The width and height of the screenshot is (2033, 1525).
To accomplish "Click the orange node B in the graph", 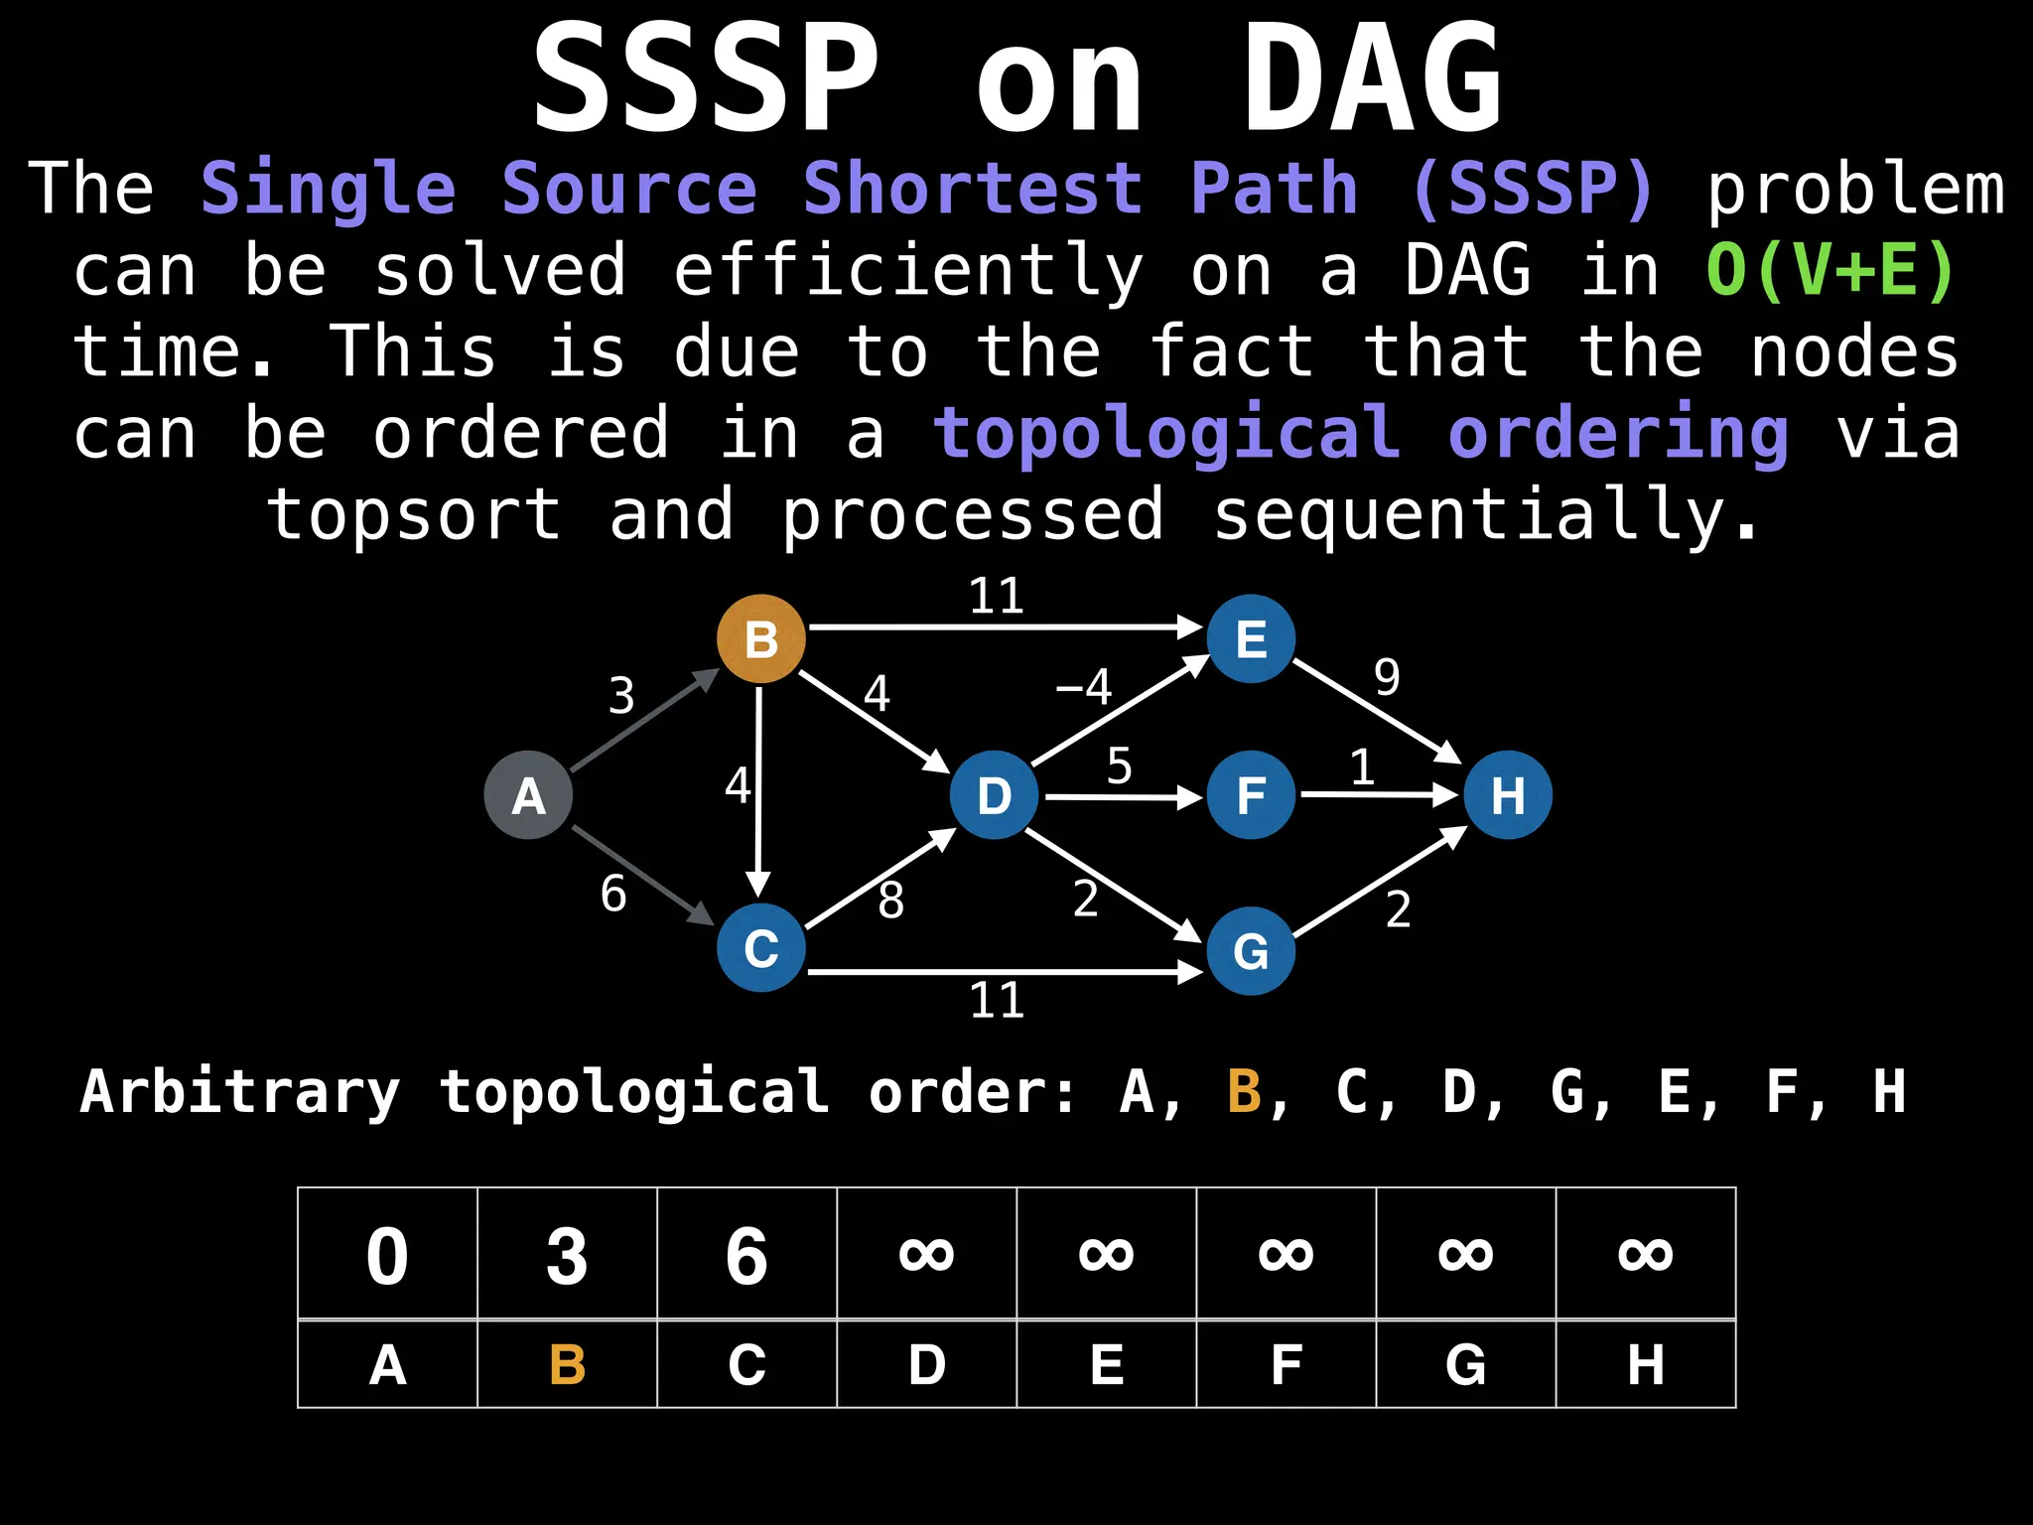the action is [760, 638].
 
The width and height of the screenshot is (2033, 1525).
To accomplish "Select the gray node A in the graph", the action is [528, 795].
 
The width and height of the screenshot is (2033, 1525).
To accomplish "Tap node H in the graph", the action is [1507, 795].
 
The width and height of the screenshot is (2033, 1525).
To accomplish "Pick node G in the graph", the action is [1251, 951].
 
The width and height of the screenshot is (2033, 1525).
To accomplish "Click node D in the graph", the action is [994, 795].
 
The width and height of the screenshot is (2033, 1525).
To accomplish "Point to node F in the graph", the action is [1251, 795].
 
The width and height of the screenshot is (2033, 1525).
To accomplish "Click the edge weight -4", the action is [1084, 687].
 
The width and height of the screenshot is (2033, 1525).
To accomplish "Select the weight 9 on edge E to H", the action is [1387, 678].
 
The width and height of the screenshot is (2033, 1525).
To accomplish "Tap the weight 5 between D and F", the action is [1119, 766].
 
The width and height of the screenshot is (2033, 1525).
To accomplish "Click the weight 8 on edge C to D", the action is [890, 901].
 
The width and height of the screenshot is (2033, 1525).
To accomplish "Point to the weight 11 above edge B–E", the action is [996, 597].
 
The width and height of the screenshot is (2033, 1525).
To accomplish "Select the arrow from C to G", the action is [1003, 971].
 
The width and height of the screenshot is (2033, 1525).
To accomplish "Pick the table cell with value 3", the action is [567, 1255].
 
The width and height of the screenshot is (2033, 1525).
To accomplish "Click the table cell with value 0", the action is [387, 1255].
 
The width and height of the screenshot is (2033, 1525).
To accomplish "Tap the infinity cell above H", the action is [1645, 1253].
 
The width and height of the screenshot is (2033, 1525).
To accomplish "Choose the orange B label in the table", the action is [567, 1364].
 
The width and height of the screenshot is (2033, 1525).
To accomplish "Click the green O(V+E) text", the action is [1830, 270].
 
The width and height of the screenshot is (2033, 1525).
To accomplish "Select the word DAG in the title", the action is [1373, 79].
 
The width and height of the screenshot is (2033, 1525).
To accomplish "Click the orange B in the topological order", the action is [1244, 1092].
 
